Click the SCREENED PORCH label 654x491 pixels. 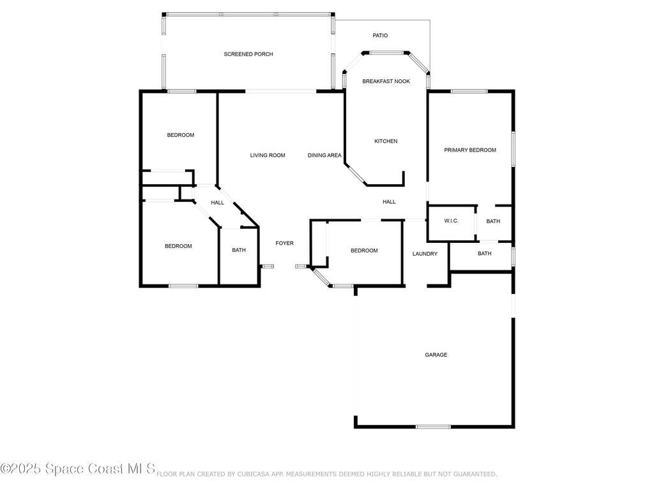point(248,54)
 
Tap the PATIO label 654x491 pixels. point(380,36)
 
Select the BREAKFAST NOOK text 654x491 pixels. point(386,82)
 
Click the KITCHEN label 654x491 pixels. point(386,141)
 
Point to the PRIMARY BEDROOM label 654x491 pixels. point(470,150)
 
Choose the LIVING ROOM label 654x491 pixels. point(267,155)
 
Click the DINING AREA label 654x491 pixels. point(324,155)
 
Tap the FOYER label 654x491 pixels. point(284,244)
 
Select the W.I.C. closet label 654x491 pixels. point(452,221)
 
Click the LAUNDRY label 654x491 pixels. point(425,254)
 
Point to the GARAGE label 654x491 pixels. point(436,355)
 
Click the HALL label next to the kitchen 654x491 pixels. point(389,202)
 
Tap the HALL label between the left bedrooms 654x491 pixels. point(218,203)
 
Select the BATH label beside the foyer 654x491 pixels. point(239,251)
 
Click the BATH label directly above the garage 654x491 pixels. point(485,254)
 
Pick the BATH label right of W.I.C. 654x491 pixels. point(493,222)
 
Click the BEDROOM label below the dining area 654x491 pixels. point(364,251)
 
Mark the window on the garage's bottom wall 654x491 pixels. point(434,426)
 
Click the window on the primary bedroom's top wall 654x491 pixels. point(469,91)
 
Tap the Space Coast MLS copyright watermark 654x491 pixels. point(78,469)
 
